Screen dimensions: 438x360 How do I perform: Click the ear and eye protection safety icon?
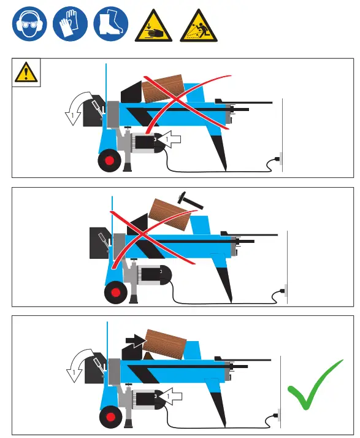coord(28,25)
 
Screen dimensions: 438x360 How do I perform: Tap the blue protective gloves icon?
coord(69,25)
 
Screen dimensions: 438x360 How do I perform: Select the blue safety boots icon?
coord(111,25)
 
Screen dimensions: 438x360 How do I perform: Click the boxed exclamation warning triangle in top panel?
coord(26,72)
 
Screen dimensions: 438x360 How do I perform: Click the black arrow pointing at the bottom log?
coord(132,337)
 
